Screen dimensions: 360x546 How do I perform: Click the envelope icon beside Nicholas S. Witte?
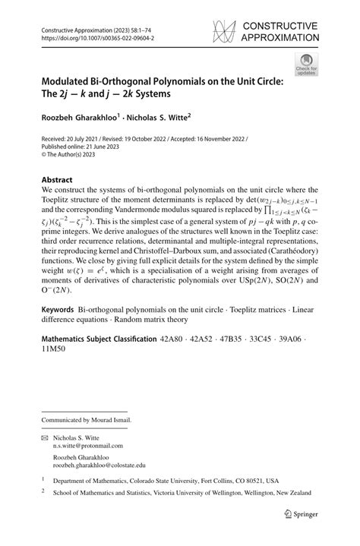pyautogui.click(x=46, y=437)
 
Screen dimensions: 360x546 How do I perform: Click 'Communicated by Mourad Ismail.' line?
pyautogui.click(x=87, y=419)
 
